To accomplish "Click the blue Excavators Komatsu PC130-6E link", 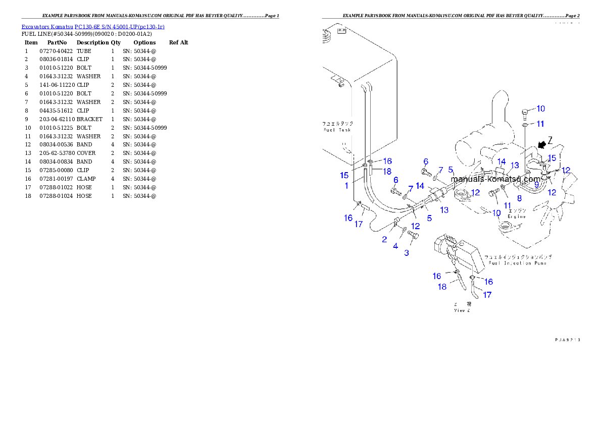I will pos(93,26).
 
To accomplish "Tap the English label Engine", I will pos(517,216).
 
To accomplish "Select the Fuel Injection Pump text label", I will pos(515,263).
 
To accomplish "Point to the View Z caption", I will pos(462,310).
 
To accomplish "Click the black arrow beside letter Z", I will pos(542,144).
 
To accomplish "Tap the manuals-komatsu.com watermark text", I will pos(495,179).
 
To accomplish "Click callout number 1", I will pos(346,186).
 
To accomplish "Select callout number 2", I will pos(384,239).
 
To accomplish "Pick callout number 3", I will pos(407,252).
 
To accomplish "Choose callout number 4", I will pos(395,246).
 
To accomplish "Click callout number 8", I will pos(519,198).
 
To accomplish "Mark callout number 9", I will pos(536,185).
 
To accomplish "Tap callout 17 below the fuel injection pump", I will pos(487,295).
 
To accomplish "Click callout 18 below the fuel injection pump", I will pos(442,287).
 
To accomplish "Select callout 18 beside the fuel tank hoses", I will pos(387,172).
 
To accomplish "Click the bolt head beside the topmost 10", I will pos(526,110).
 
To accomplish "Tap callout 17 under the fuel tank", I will pos(358,224).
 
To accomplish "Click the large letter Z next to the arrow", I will pos(550,140).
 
